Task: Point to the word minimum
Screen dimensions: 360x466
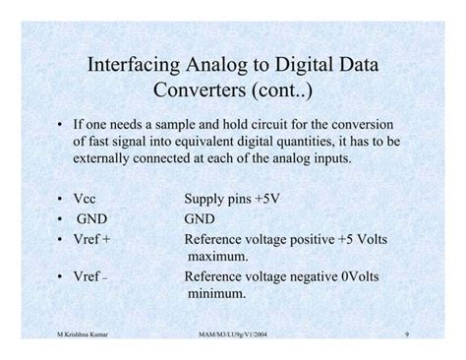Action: click(219, 293)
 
